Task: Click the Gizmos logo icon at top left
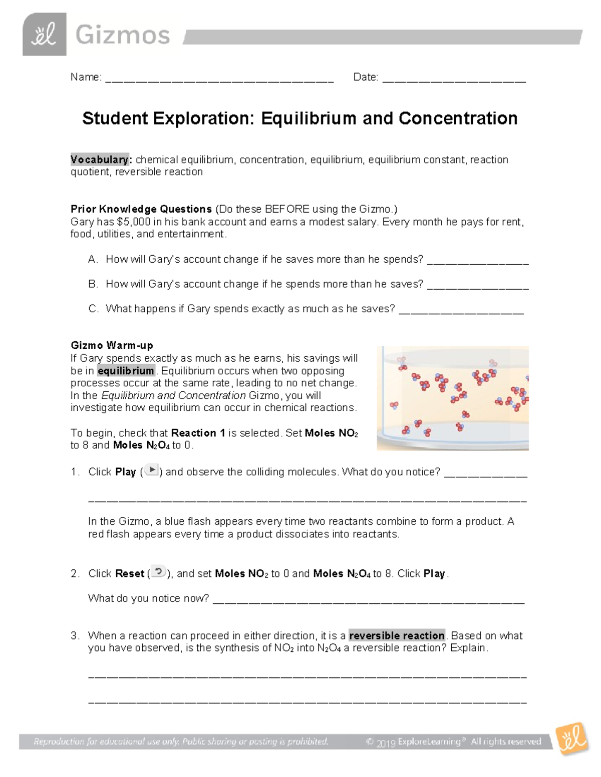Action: tap(44, 35)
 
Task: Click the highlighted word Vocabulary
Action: tap(100, 160)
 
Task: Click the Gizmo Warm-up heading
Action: tap(112, 345)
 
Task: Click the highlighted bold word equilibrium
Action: tap(126, 371)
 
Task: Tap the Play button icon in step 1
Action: tap(152, 470)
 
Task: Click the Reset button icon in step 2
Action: tap(158, 572)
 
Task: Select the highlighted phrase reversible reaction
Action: tap(397, 635)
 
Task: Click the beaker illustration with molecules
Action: tap(452, 398)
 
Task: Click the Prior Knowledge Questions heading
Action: tap(141, 209)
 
